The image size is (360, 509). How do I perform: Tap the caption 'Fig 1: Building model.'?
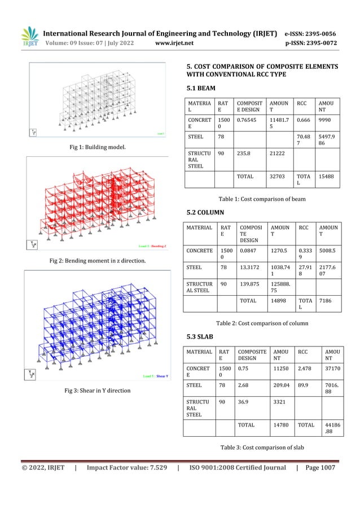96,147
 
